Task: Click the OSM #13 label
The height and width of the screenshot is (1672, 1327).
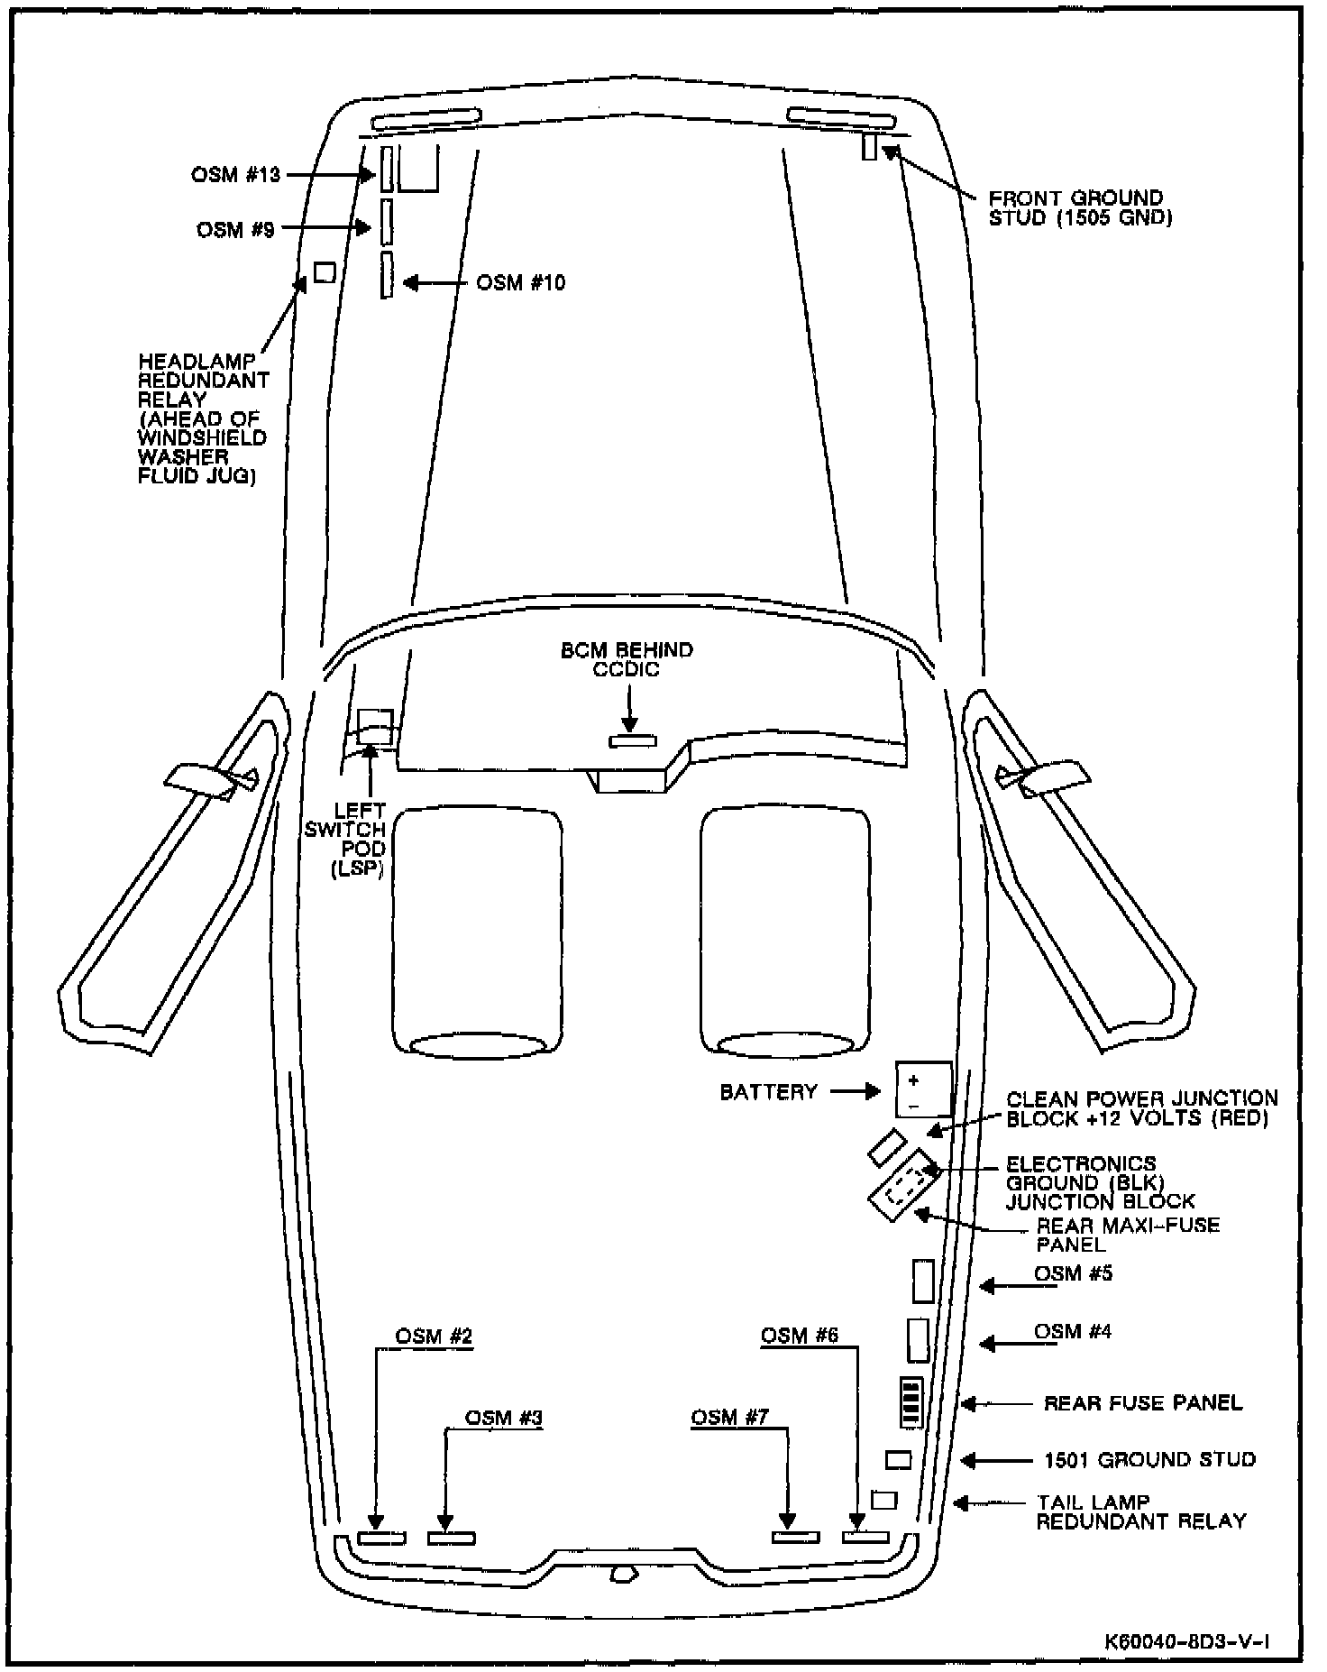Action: [x=235, y=175]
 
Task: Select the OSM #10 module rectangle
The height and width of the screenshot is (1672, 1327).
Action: [x=387, y=275]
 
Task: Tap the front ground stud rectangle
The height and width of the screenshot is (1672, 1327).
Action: [x=869, y=146]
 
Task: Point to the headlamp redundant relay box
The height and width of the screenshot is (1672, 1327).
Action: [x=325, y=271]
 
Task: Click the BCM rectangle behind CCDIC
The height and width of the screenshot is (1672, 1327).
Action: [x=633, y=741]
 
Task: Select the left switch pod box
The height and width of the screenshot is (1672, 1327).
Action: [x=375, y=726]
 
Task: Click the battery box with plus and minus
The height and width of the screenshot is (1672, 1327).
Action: [x=923, y=1089]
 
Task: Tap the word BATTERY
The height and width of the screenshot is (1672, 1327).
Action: [x=768, y=1092]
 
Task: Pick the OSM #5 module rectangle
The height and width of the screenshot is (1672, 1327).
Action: [x=921, y=1282]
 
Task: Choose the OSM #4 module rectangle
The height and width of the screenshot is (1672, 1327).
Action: [x=917, y=1340]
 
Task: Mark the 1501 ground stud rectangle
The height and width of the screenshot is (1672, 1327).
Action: [x=898, y=1460]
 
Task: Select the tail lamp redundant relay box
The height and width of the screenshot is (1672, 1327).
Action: [x=884, y=1500]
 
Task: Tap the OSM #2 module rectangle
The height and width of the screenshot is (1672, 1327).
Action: [x=381, y=1538]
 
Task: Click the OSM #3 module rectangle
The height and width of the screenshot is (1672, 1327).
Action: [x=451, y=1538]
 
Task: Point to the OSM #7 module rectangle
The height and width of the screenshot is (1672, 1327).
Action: [x=796, y=1538]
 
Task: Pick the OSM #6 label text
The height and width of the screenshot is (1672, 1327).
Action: [x=800, y=1336]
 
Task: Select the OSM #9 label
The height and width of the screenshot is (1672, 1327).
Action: [x=235, y=231]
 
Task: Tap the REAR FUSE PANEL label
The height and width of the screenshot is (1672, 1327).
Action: [x=1142, y=1403]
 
